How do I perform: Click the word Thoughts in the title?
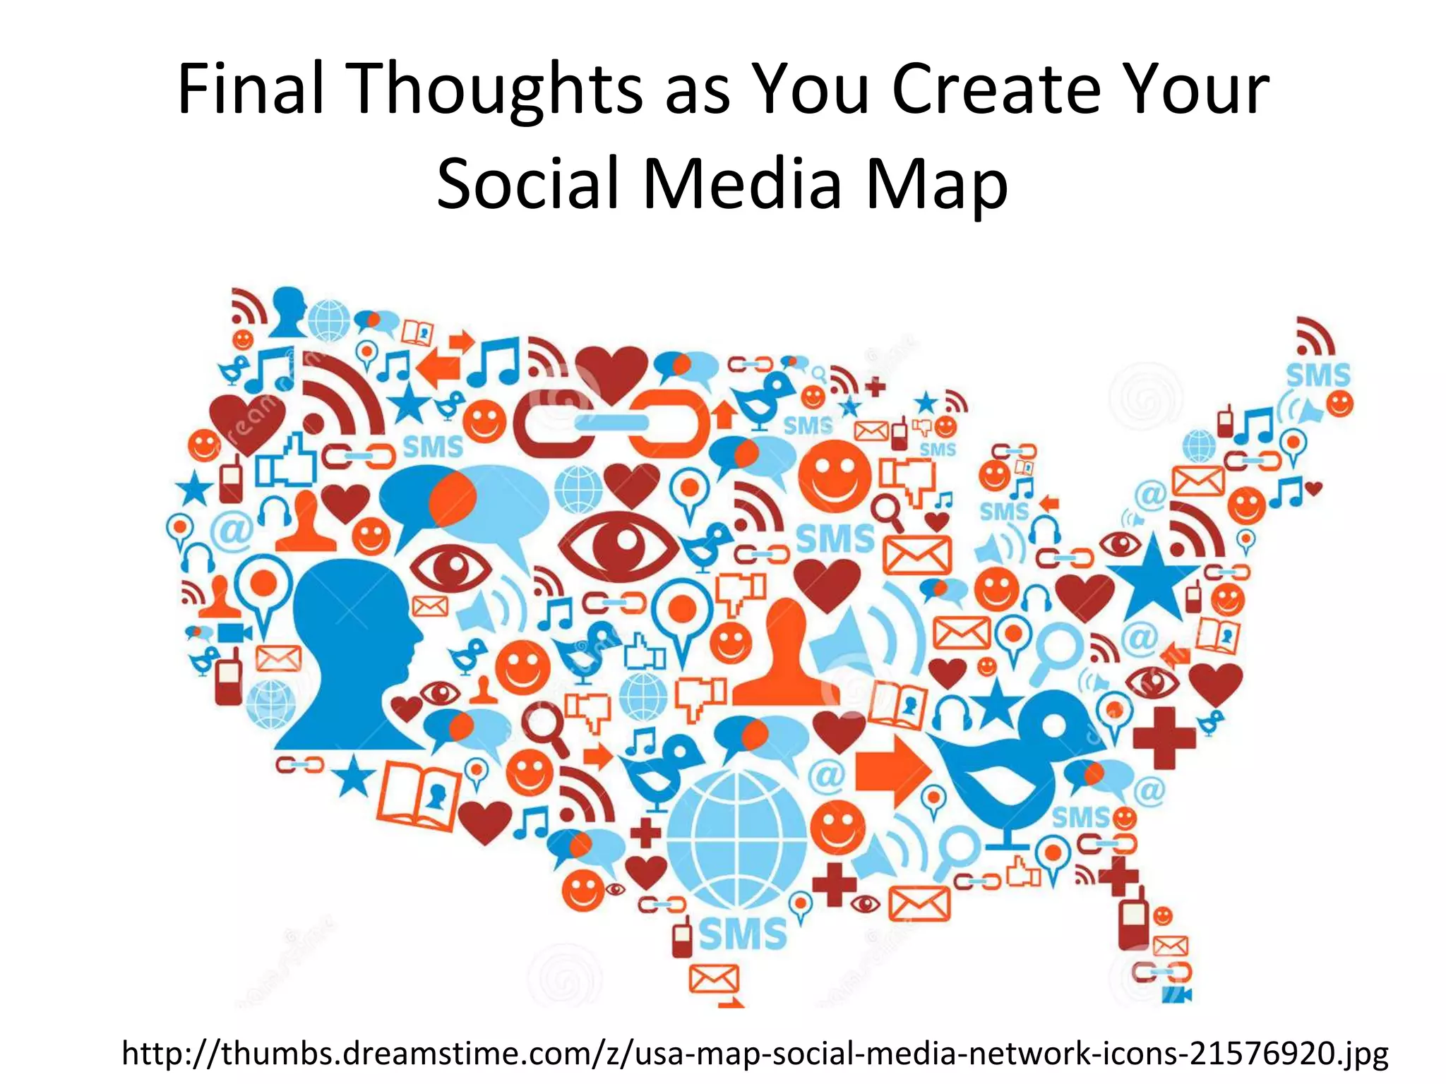[497, 90]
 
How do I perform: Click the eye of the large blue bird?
[1055, 726]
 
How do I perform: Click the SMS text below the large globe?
[743, 934]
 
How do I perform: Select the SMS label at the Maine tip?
[1317, 375]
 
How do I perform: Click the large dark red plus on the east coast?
[1164, 737]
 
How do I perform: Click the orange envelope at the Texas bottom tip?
[713, 978]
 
